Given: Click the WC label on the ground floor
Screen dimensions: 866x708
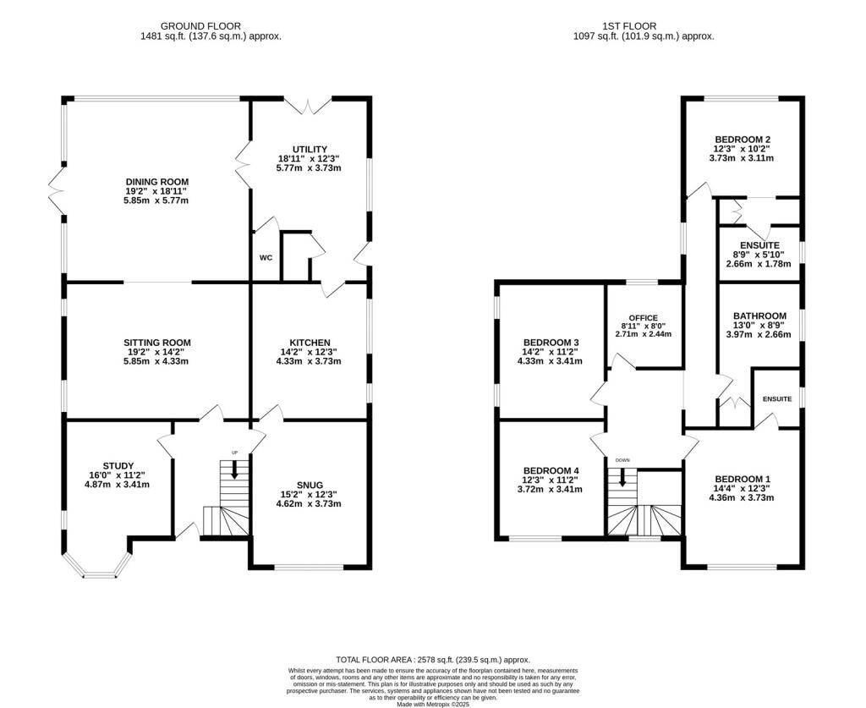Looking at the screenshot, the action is point(266,258).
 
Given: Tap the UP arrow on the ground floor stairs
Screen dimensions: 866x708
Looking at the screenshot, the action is point(235,469).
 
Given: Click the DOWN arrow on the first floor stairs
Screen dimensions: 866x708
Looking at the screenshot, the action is point(622,477).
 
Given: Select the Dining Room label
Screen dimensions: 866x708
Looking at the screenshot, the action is point(157,182).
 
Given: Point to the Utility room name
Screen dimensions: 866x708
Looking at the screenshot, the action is point(310,149).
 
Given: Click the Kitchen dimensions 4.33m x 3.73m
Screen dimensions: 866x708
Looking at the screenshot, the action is point(309,362).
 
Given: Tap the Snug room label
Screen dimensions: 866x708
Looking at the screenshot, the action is point(310,485).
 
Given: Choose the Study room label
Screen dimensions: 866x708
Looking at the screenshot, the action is point(118,465).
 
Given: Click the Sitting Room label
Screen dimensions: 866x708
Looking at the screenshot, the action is point(157,343).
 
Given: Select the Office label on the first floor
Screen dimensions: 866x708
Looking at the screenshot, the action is point(644,317).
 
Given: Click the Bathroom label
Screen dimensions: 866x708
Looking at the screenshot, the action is point(759,316).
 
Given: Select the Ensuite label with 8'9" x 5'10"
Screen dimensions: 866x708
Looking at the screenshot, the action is point(760,245).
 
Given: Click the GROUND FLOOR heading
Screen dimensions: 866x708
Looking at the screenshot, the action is point(200,26).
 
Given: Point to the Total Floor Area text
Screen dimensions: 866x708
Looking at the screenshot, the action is point(433,660).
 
